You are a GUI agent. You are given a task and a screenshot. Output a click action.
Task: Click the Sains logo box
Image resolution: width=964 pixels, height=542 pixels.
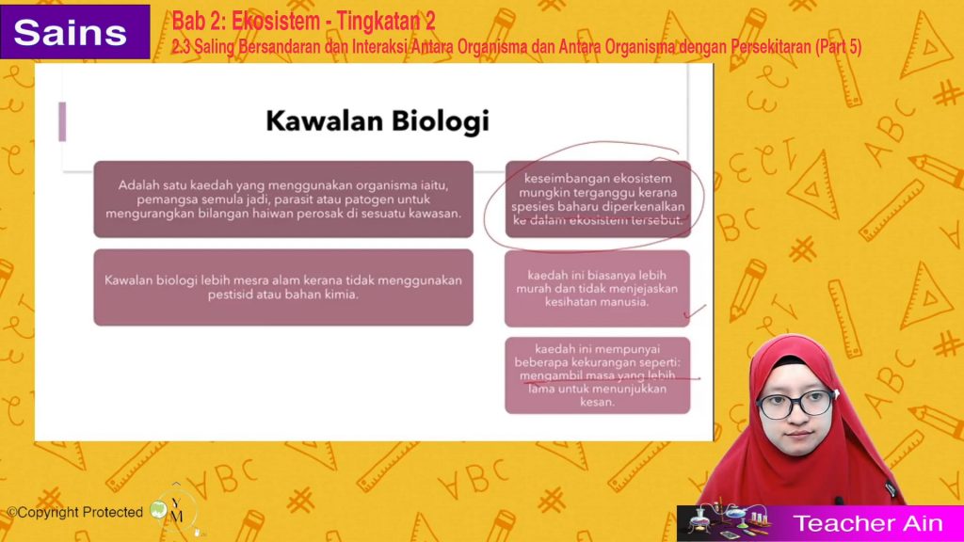pos(74,32)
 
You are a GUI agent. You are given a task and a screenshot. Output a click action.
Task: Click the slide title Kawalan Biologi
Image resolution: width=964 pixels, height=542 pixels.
pos(378,120)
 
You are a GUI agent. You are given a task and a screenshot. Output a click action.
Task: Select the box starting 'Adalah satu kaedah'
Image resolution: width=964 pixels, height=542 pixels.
pos(283,199)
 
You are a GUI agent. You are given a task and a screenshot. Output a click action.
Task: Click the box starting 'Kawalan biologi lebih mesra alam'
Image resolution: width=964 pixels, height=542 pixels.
pos(283,287)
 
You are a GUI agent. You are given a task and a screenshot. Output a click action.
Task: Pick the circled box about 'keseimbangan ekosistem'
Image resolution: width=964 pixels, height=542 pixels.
pos(598,199)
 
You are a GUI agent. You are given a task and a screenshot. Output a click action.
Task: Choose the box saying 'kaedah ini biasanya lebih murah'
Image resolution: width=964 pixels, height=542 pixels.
pos(597,288)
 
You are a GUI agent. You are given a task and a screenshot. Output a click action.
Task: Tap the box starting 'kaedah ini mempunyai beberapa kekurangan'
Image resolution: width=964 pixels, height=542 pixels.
pos(597,375)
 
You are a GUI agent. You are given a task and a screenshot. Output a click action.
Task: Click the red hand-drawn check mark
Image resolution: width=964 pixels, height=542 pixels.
pos(695,312)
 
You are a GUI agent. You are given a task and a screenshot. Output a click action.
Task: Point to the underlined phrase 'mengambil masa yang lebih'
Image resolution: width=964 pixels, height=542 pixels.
pos(597,375)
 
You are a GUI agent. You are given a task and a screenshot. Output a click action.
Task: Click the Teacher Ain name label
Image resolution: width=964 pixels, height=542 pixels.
pos(867,523)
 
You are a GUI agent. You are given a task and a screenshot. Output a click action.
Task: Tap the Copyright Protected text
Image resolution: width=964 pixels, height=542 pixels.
pos(75,512)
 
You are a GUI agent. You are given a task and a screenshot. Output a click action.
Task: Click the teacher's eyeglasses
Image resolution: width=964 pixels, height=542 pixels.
pos(795,403)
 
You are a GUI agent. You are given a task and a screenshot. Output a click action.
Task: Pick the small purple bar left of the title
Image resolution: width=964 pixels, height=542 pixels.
pos(62,121)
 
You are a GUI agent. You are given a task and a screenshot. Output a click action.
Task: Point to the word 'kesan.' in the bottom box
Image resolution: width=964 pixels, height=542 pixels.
pos(597,402)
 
